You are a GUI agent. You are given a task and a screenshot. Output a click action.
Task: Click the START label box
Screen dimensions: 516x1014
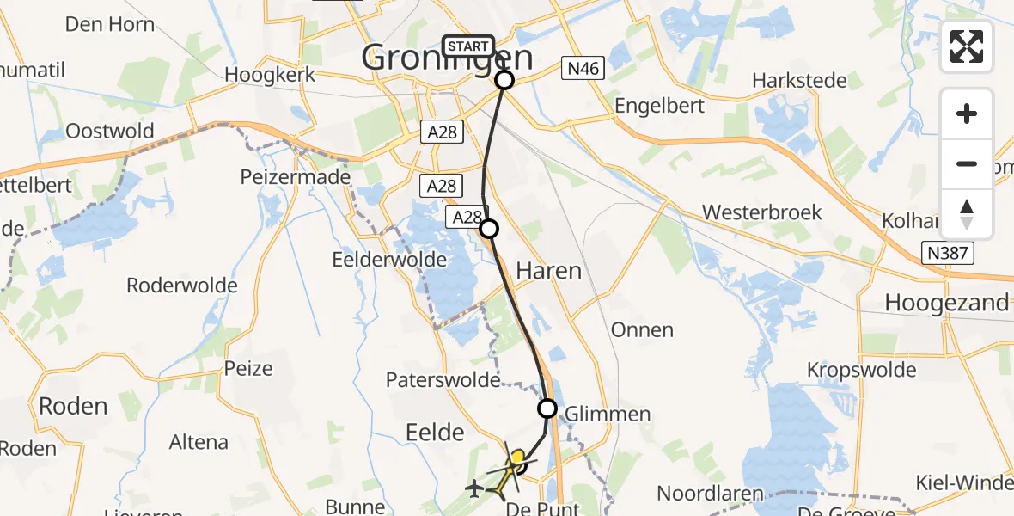pyautogui.click(x=468, y=46)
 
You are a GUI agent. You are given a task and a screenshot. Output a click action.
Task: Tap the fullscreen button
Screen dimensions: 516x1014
pyautogui.click(x=967, y=46)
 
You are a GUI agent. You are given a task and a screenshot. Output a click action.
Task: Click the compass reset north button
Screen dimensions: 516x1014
pyautogui.click(x=967, y=214)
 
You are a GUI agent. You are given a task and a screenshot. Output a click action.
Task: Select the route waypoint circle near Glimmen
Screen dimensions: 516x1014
pyautogui.click(x=547, y=408)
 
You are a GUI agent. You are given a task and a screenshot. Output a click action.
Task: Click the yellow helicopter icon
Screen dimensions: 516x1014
pyautogui.click(x=514, y=465)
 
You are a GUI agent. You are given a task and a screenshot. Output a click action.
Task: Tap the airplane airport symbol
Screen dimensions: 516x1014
pyautogui.click(x=473, y=488)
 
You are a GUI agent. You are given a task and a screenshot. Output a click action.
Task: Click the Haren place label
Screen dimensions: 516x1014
pyautogui.click(x=548, y=271)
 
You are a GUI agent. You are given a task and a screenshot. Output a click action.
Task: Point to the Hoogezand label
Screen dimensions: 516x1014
pyautogui.click(x=946, y=303)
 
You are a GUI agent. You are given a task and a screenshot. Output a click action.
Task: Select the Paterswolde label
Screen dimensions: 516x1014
pyautogui.click(x=443, y=379)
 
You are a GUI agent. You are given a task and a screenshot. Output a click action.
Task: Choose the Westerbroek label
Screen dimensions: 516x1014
pyautogui.click(x=761, y=212)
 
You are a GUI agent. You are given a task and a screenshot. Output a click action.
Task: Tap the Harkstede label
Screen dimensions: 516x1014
pyautogui.click(x=799, y=81)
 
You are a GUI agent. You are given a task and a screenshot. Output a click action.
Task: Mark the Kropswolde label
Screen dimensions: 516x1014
pyautogui.click(x=861, y=370)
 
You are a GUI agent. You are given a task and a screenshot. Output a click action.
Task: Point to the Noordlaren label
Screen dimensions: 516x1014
pyautogui.click(x=711, y=494)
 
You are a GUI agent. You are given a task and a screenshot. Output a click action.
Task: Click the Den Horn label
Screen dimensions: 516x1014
pyautogui.click(x=110, y=23)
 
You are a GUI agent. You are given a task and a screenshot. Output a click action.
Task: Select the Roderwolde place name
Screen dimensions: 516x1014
pyautogui.click(x=181, y=285)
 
